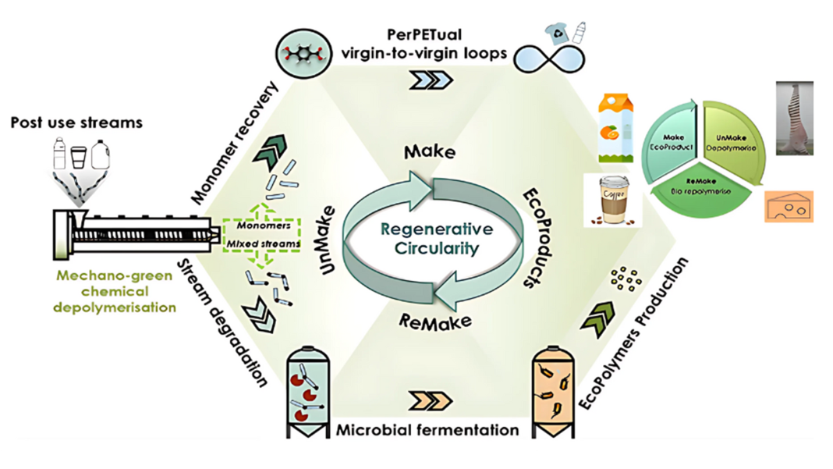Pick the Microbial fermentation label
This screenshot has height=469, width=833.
coord(427,429)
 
